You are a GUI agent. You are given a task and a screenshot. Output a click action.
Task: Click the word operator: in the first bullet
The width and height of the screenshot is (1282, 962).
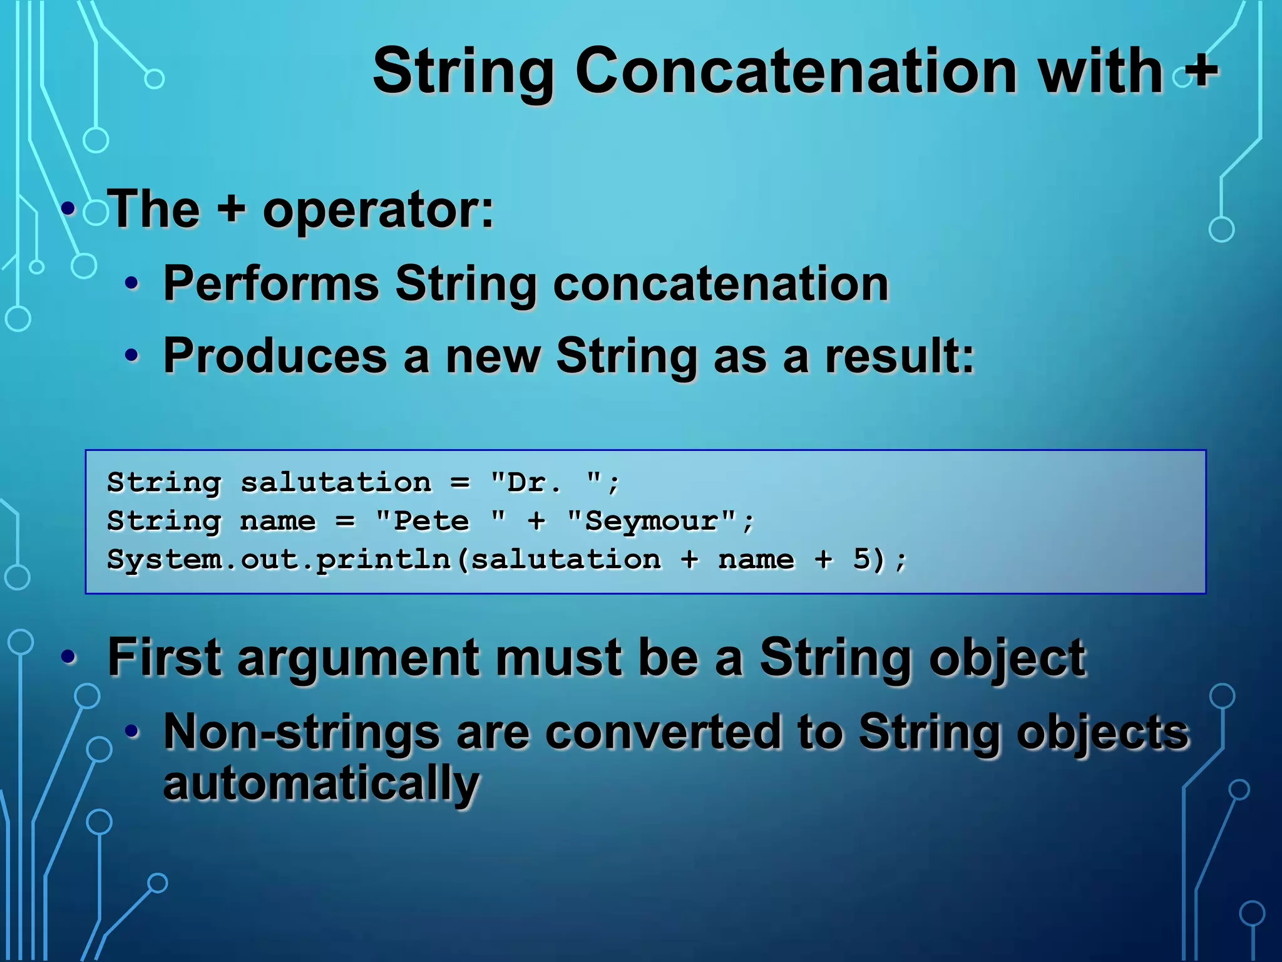pos(378,210)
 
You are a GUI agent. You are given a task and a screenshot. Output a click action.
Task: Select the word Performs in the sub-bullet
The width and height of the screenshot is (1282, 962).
pos(271,283)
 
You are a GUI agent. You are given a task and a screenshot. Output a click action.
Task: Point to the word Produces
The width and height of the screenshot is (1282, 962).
pos(275,356)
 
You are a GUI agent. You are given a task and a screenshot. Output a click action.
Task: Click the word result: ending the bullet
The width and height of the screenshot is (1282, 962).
pos(900,356)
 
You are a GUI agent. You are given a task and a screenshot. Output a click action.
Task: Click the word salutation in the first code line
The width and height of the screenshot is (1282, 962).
pos(336,483)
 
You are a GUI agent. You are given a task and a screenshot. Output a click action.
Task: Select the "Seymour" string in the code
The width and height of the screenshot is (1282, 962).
pos(651,521)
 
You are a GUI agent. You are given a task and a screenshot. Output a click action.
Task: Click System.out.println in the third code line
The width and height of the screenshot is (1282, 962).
pos(279,559)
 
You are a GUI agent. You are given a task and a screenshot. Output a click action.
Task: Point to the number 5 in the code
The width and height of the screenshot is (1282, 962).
pos(861,559)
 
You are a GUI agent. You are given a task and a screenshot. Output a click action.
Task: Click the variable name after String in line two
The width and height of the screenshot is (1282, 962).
pos(278,521)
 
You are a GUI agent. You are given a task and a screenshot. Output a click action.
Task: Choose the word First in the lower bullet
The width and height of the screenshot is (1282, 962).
pos(164,657)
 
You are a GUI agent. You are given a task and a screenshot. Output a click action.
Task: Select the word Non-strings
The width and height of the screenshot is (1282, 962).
pos(302,732)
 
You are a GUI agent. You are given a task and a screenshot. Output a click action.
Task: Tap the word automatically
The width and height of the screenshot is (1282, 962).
pos(320,783)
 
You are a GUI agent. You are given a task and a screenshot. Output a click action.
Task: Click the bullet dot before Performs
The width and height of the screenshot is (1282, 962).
pos(131,284)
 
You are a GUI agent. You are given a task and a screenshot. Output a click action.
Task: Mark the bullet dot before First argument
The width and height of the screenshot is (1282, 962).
pos(68,657)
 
